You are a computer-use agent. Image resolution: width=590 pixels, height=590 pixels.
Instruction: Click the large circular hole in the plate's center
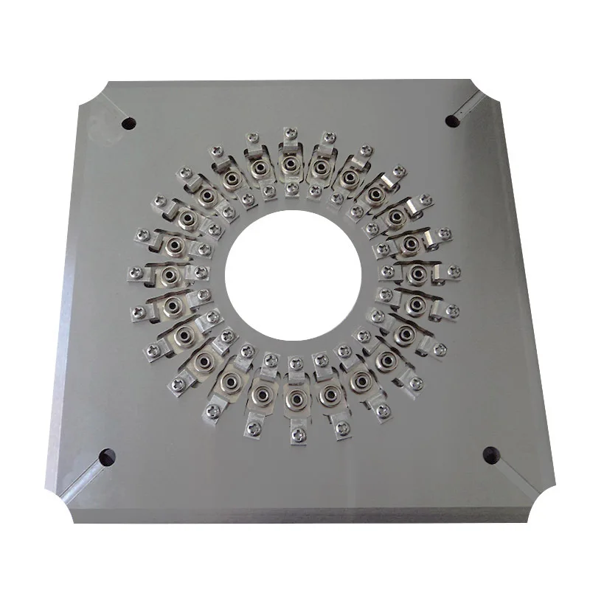(x=293, y=275)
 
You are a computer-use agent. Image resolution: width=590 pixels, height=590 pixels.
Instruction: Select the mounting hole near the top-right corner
(x=452, y=120)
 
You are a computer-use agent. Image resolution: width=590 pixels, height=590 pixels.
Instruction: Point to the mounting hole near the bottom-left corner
(x=108, y=457)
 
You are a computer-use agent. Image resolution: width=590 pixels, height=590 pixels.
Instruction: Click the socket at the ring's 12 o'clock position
(x=290, y=164)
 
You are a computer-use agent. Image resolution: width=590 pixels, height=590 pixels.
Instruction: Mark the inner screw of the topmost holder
(x=292, y=190)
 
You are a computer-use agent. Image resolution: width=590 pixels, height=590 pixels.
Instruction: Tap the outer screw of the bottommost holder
(x=299, y=436)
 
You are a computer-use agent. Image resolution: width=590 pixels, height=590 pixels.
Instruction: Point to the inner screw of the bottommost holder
(x=296, y=364)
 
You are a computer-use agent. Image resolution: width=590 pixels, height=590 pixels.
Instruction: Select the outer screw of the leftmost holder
(x=134, y=274)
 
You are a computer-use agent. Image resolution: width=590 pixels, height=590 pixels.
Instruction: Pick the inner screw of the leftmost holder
(x=200, y=273)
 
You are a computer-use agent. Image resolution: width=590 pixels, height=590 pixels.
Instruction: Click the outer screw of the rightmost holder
(x=454, y=271)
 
